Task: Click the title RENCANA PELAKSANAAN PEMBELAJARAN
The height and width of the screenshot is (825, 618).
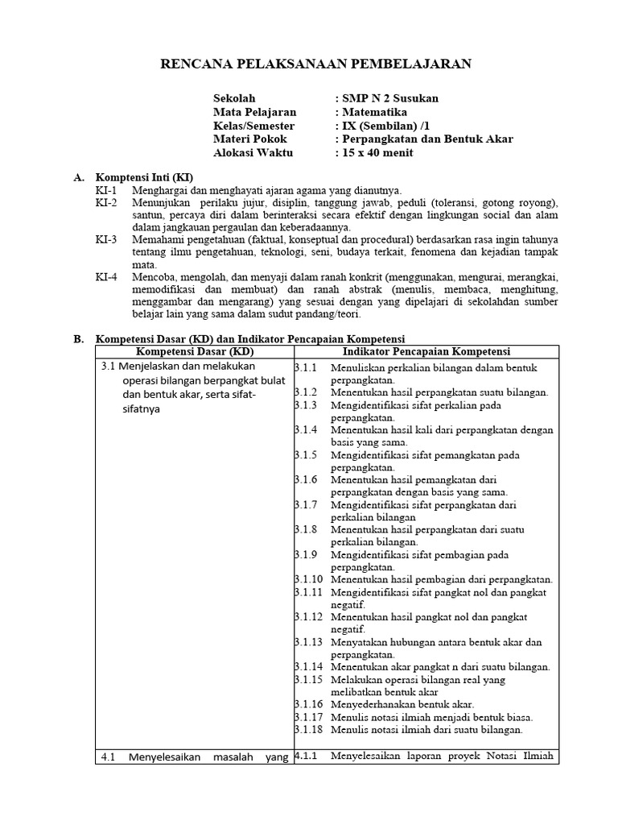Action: pyautogui.click(x=309, y=64)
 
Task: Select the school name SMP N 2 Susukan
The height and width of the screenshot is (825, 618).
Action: pyautogui.click(x=389, y=98)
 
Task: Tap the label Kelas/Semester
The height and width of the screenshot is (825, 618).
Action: pyautogui.click(x=253, y=126)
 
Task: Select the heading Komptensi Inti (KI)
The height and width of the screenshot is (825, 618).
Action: pyautogui.click(x=145, y=177)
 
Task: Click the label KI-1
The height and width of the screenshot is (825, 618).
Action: pyautogui.click(x=106, y=190)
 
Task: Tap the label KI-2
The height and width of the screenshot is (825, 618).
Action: pyautogui.click(x=106, y=203)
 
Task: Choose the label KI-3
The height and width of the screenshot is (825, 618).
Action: pyautogui.click(x=106, y=240)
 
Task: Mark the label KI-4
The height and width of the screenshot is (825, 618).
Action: pyautogui.click(x=106, y=277)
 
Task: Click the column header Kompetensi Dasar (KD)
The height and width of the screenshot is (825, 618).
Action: pyautogui.click(x=193, y=352)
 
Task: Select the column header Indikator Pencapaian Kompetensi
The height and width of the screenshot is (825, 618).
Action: pyautogui.click(x=426, y=352)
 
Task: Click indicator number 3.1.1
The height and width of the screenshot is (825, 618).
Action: pyautogui.click(x=306, y=367)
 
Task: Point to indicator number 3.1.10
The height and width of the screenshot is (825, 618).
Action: pyautogui.click(x=308, y=579)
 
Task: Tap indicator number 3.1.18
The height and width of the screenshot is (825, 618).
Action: pyautogui.click(x=308, y=730)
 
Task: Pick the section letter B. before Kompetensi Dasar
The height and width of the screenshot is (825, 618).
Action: pyautogui.click(x=78, y=339)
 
